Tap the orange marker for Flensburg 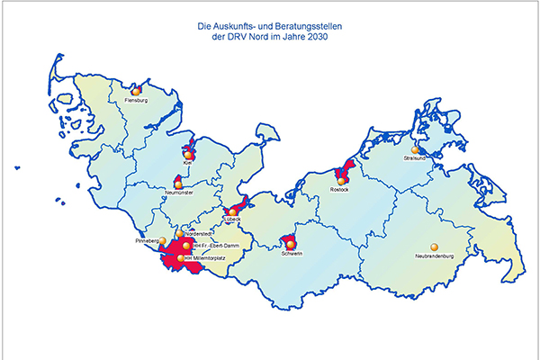pyautogui.click(x=136, y=91)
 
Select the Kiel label pyautogui.click(x=189, y=164)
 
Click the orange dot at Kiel pyautogui.click(x=188, y=155)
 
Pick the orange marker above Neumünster pyautogui.click(x=178, y=182)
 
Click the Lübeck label pyautogui.click(x=233, y=220)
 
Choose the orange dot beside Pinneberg pyautogui.click(x=163, y=241)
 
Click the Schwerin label pyautogui.click(x=291, y=254)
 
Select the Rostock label pyautogui.click(x=339, y=190)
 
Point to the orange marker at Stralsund pyautogui.click(x=416, y=150)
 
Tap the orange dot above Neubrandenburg pyautogui.click(x=434, y=246)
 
